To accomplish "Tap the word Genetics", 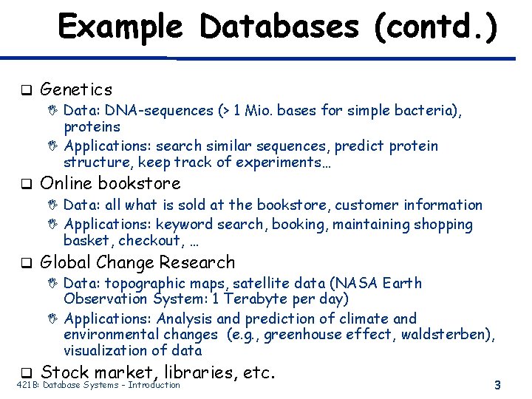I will click(x=76, y=89).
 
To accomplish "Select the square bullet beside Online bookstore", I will click(x=24, y=183).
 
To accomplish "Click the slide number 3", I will click(x=497, y=384).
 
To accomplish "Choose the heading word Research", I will click(x=201, y=262).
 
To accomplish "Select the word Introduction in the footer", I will click(x=154, y=384).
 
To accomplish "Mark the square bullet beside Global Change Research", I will click(x=24, y=263).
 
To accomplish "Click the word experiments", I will click(x=289, y=162).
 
